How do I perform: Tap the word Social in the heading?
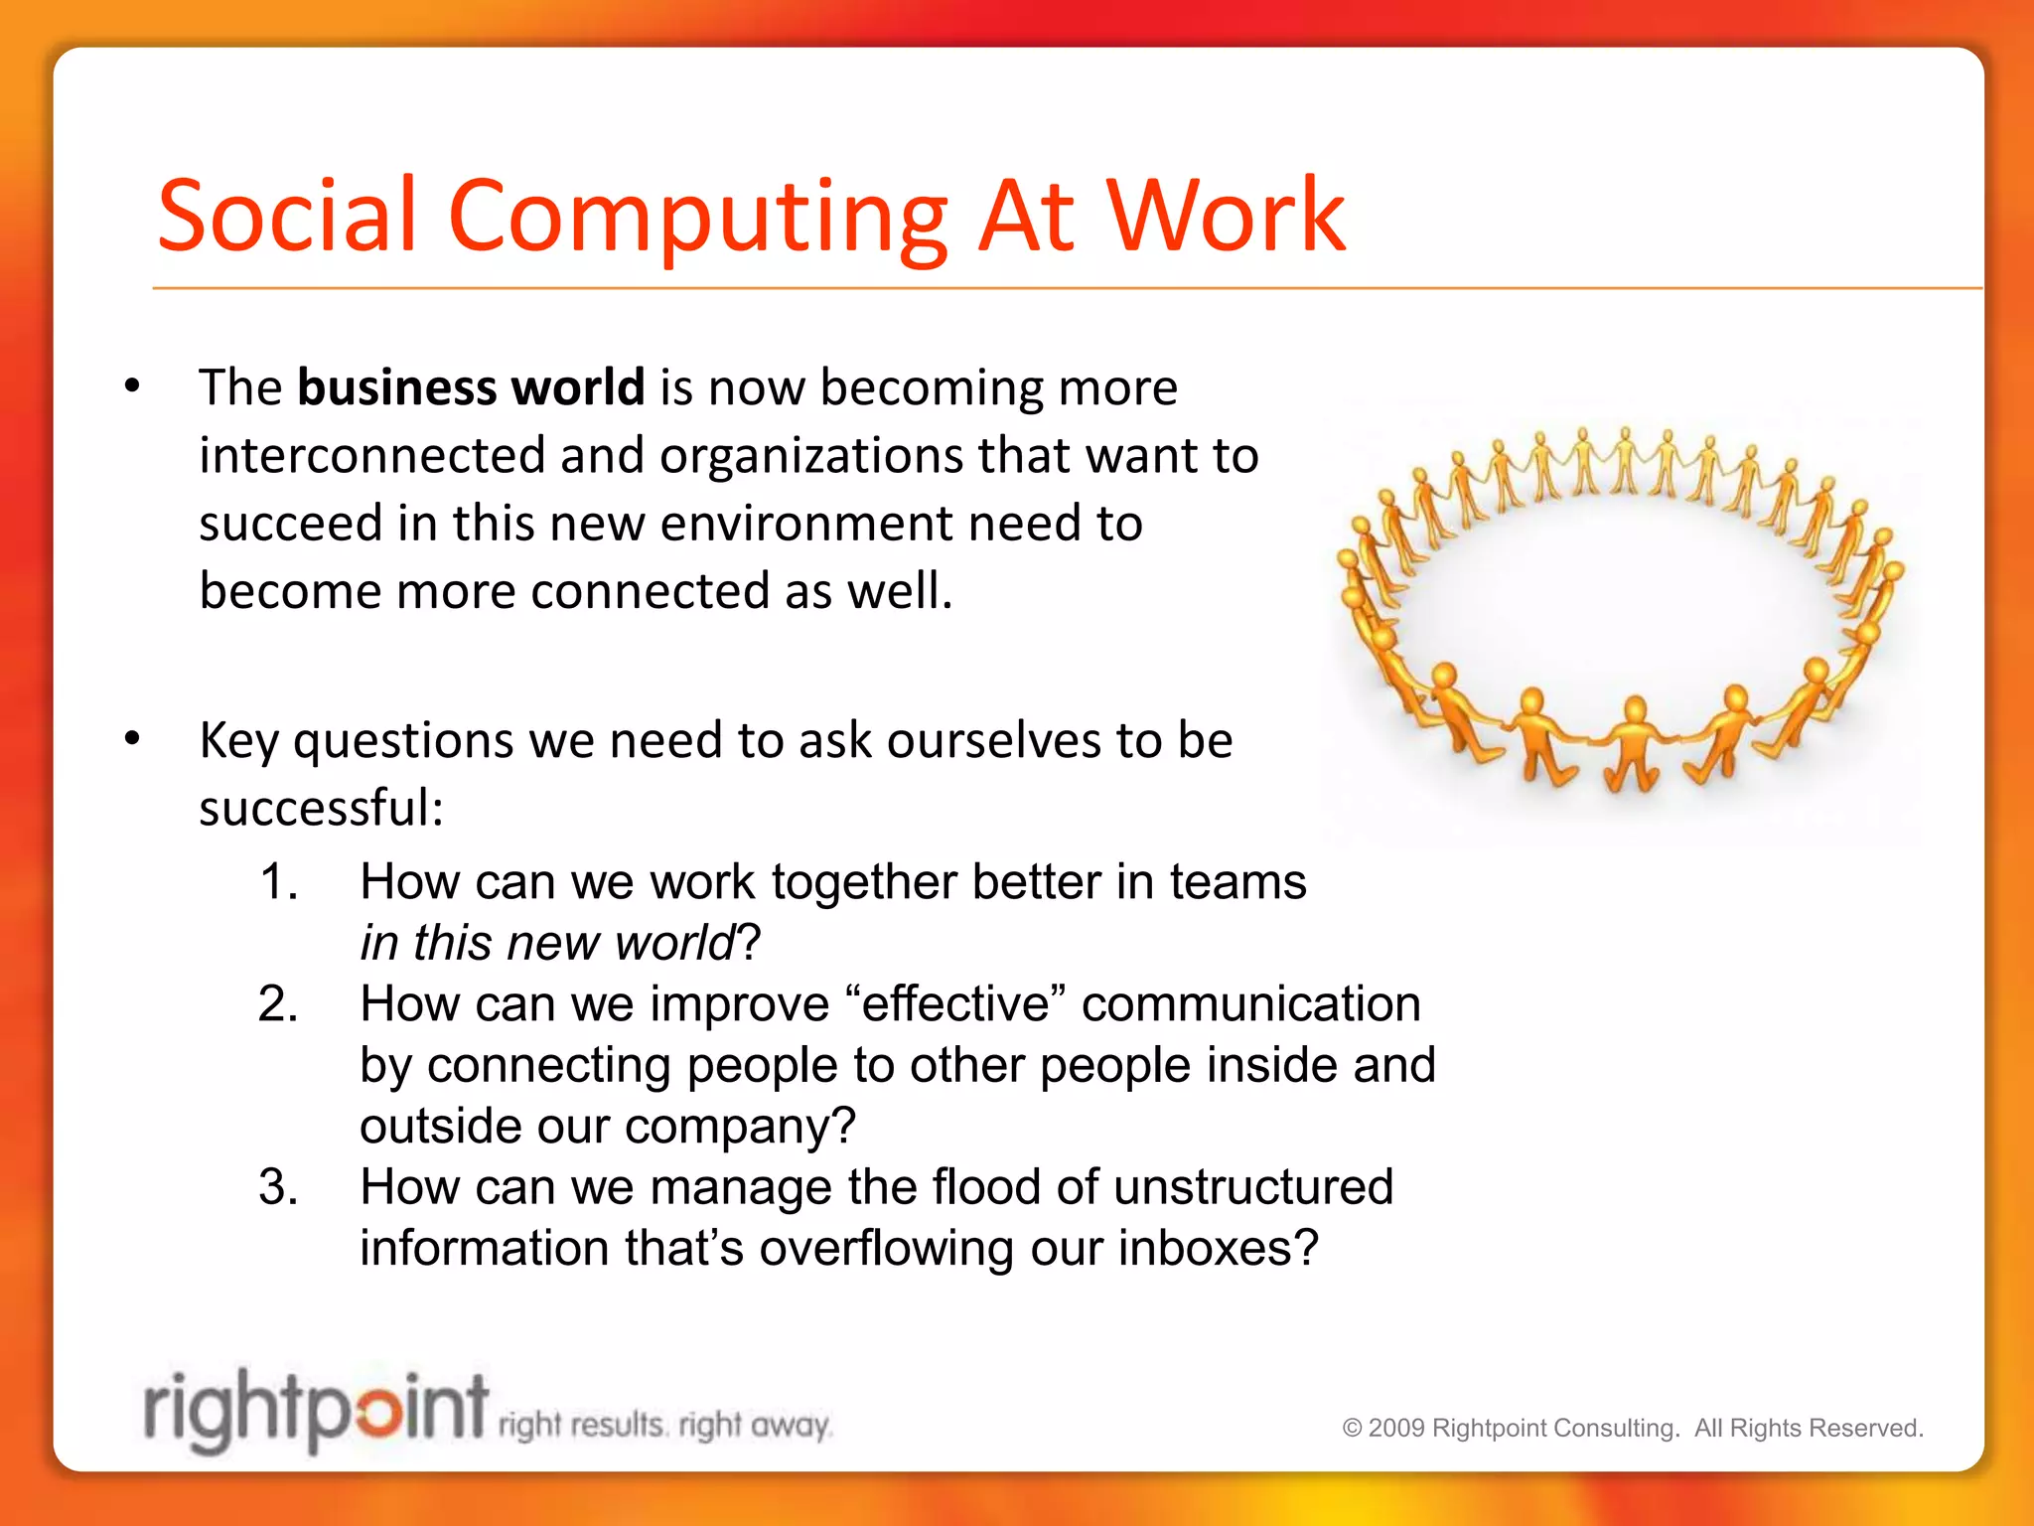pyautogui.click(x=287, y=216)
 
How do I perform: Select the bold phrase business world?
pyautogui.click(x=471, y=387)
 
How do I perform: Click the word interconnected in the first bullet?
pyautogui.click(x=371, y=456)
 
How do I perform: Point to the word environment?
pyautogui.click(x=805, y=524)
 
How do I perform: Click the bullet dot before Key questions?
pyautogui.click(x=132, y=738)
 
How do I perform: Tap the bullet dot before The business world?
pyautogui.click(x=132, y=386)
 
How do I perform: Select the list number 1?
pyautogui.click(x=278, y=882)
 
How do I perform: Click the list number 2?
pyautogui.click(x=278, y=1004)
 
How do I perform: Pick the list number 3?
pyautogui.click(x=278, y=1187)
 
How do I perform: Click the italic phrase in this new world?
pyautogui.click(x=547, y=943)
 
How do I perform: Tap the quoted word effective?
pyautogui.click(x=955, y=1004)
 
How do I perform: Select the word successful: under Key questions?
pyautogui.click(x=321, y=808)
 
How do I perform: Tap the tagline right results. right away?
pyautogui.click(x=663, y=1426)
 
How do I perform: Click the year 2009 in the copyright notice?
pyautogui.click(x=1396, y=1429)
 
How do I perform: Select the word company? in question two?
pyautogui.click(x=740, y=1127)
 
